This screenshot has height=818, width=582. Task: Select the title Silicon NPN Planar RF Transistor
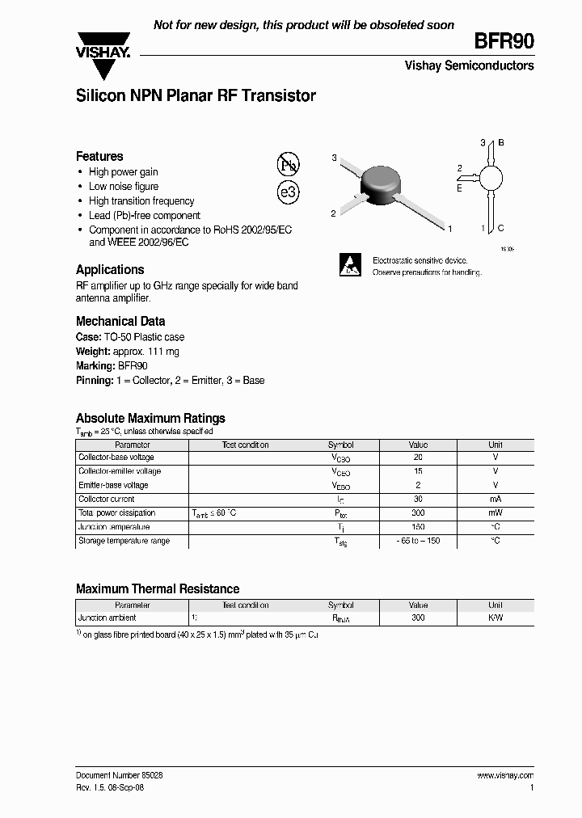196,95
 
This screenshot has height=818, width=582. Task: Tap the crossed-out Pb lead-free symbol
289,165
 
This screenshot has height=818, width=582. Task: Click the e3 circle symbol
289,192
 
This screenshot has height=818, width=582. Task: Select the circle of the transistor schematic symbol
491,178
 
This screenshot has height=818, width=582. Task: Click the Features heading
99,156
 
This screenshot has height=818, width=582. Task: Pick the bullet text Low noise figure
124,187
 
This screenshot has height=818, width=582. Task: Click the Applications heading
110,270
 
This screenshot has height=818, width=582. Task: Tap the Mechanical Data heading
120,321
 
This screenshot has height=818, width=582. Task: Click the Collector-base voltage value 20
418,457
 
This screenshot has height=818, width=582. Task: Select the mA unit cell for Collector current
495,500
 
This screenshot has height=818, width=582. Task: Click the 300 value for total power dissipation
418,513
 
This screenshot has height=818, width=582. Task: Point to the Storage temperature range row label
124,541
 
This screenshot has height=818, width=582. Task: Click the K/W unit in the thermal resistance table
495,618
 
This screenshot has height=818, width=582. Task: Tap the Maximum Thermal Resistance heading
158,589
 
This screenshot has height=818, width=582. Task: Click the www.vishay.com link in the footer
506,774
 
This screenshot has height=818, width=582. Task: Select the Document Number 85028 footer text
120,774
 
